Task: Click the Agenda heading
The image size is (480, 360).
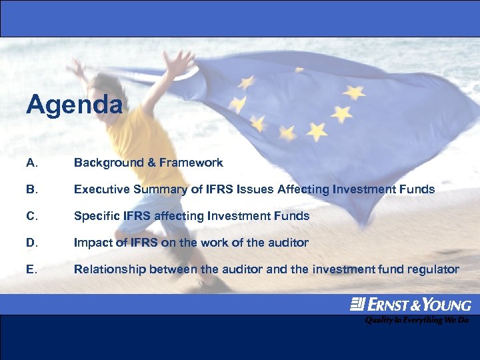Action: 75,105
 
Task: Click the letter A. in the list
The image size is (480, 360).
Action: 31,163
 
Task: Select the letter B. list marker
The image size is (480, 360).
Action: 31,189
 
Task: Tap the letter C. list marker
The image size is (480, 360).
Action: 31,216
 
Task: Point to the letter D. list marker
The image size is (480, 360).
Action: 31,243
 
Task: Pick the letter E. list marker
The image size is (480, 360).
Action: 31,269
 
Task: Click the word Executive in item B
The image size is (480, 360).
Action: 101,189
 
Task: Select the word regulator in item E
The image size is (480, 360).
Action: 434,269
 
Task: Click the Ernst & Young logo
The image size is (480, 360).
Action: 411,305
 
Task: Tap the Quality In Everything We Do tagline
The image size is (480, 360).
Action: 417,320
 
